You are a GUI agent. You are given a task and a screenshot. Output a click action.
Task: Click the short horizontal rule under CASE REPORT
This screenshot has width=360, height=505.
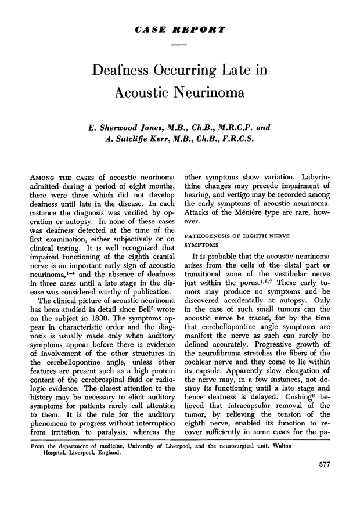pos(179,45)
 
